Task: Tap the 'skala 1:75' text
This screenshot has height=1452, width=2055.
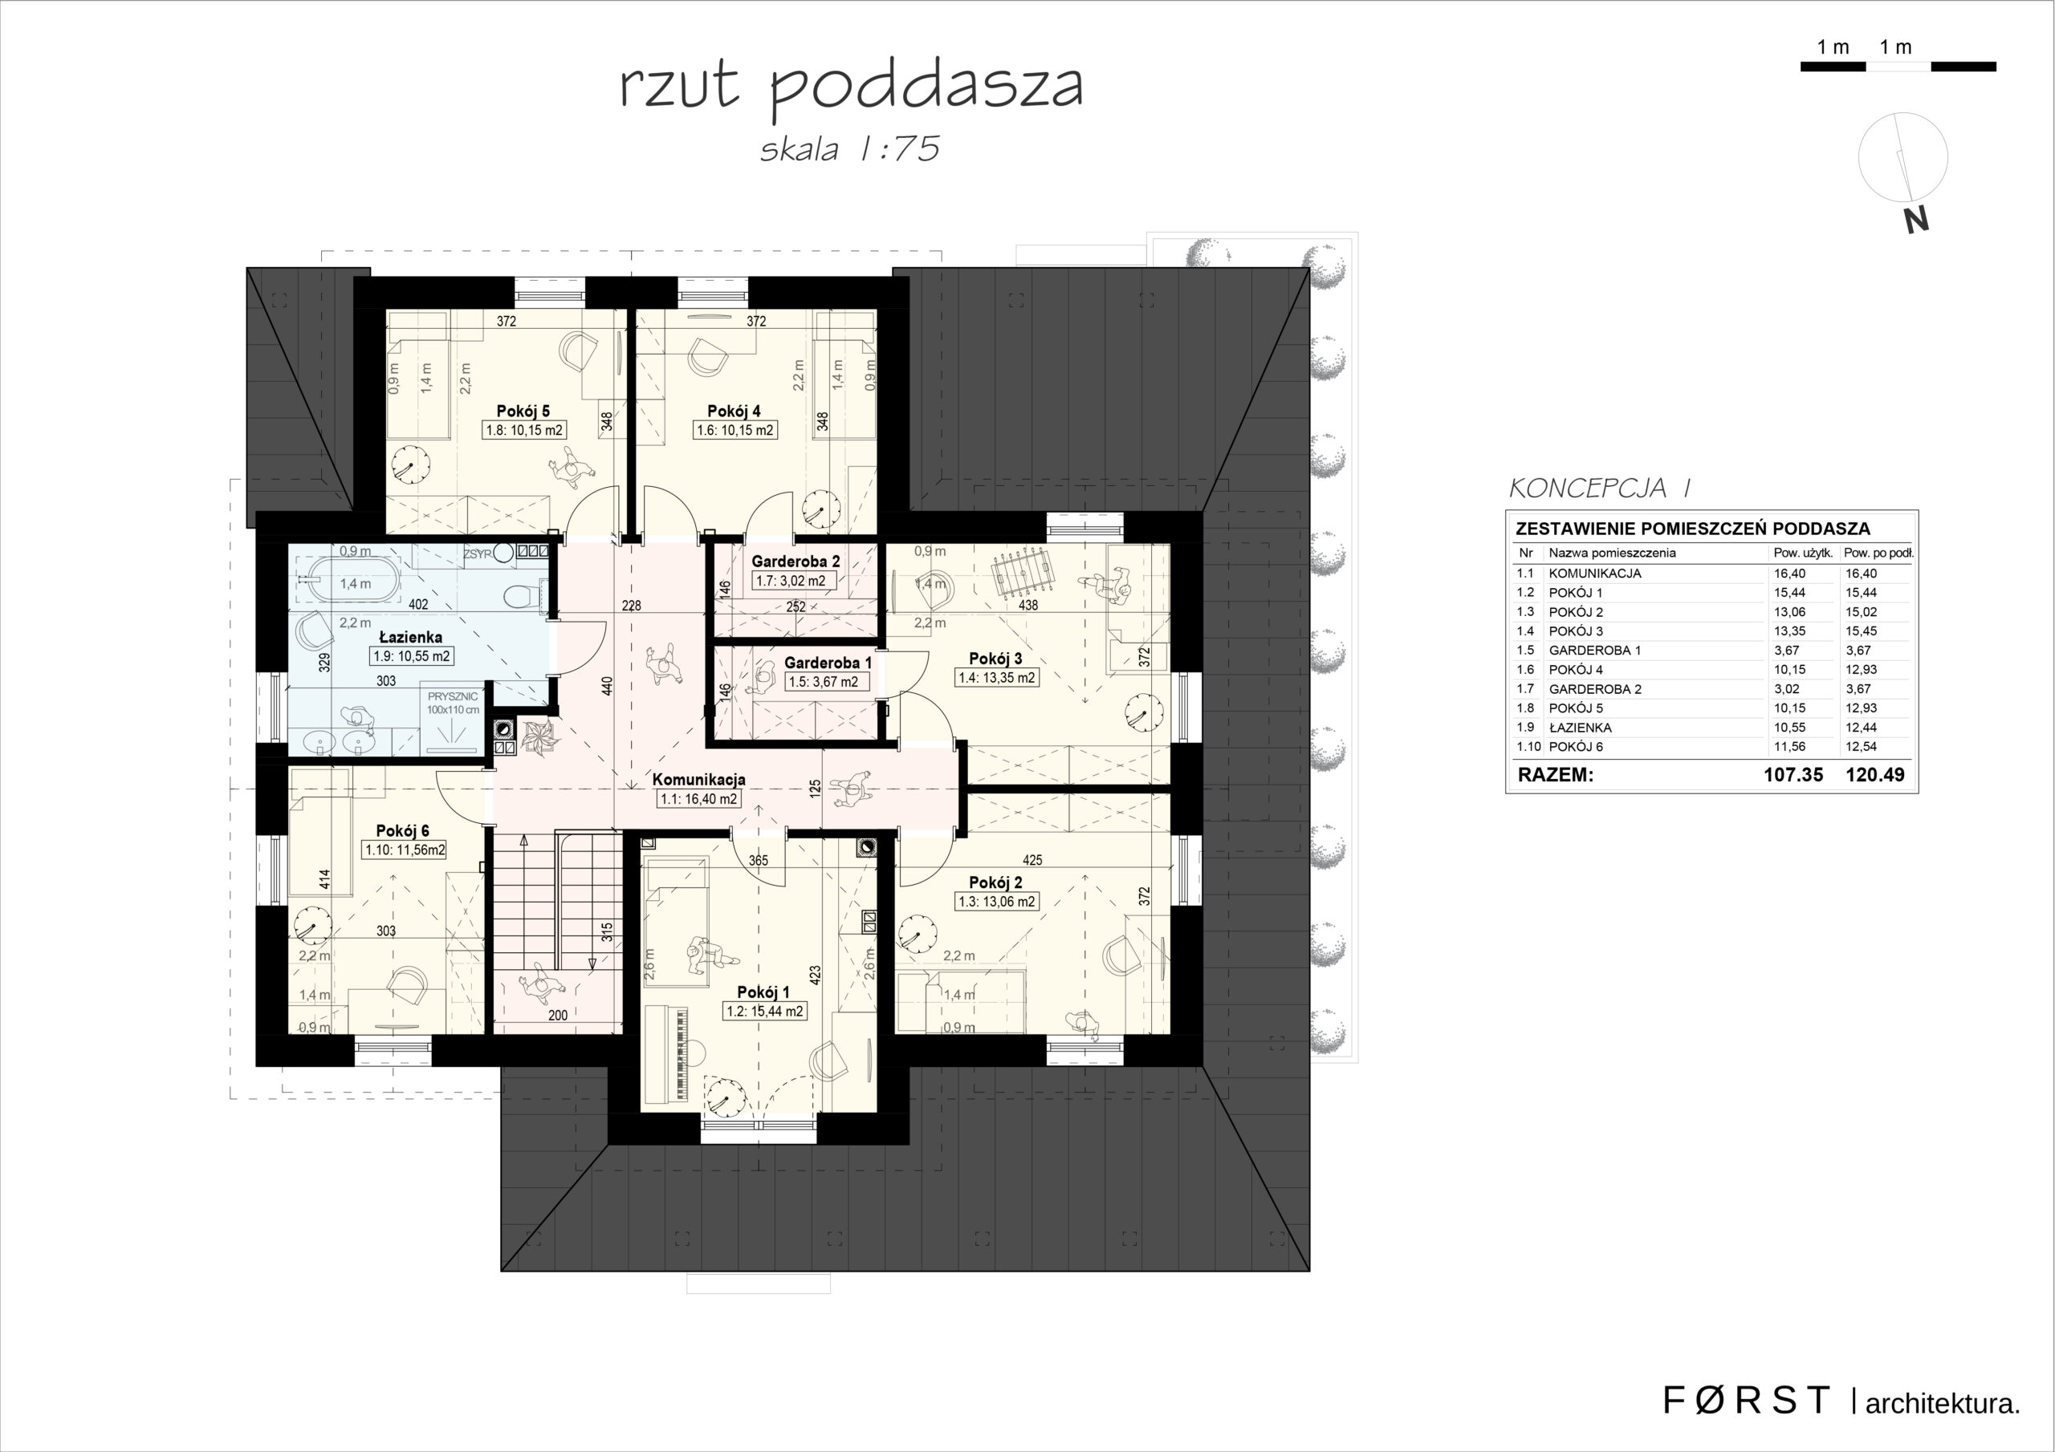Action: pos(849,149)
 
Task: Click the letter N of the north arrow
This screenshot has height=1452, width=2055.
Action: pos(1915,220)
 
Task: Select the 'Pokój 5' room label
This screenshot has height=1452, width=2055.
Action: pos(523,412)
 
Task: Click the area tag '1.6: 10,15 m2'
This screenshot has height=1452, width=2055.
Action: pos(735,430)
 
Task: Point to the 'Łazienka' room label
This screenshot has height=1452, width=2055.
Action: pos(411,638)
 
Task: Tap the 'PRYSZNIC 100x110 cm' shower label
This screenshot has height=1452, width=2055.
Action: pos(453,702)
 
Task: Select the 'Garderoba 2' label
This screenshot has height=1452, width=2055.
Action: pos(796,562)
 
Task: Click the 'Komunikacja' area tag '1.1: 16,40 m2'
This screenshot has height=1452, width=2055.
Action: pos(698,799)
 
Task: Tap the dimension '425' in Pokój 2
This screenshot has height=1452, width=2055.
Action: pos(1032,861)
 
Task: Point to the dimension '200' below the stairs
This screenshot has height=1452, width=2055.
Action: pos(558,1016)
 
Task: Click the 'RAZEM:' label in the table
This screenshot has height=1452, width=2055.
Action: pos(1556,775)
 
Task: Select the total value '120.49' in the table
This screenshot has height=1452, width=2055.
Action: pos(1875,775)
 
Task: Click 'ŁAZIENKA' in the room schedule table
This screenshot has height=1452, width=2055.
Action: pos(1581,728)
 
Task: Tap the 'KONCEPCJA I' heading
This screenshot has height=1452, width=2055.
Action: pos(1599,489)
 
